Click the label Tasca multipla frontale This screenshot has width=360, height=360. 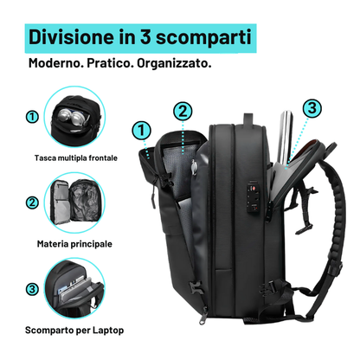[76, 158]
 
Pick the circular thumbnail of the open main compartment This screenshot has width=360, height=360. [75, 203]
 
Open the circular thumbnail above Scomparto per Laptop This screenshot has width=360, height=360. [75, 290]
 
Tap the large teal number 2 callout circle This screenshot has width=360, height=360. [183, 111]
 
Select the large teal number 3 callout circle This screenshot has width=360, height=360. [312, 108]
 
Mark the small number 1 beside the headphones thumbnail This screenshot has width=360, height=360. [31, 116]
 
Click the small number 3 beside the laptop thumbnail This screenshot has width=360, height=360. [31, 289]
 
